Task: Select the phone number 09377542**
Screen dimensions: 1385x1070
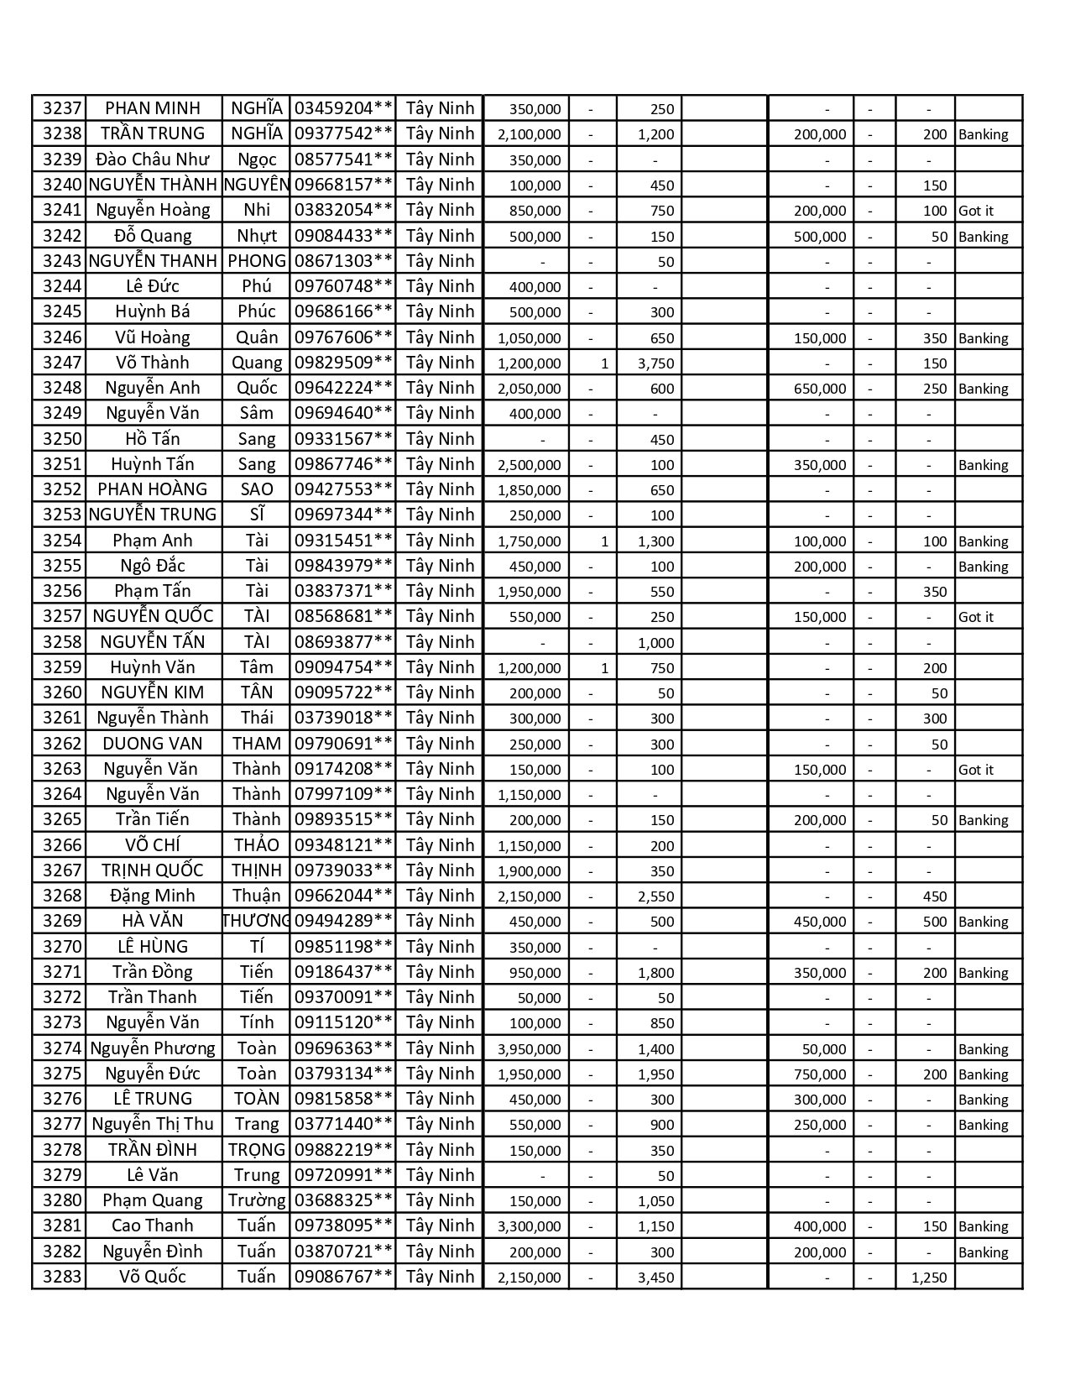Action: tap(342, 133)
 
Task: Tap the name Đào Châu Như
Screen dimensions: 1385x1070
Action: tap(153, 159)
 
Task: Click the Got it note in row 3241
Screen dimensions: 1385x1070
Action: tap(975, 211)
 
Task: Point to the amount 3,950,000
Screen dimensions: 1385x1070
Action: tap(529, 1049)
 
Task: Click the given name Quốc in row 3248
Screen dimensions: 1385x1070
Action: tap(256, 388)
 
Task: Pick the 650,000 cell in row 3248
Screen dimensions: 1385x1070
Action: tap(820, 389)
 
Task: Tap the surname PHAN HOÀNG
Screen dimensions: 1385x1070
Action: tap(153, 489)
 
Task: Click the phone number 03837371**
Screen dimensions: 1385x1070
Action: tap(342, 591)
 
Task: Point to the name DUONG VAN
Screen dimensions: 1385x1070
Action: tap(153, 744)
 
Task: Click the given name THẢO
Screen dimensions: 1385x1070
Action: tap(256, 845)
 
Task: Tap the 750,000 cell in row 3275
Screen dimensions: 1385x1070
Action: tap(820, 1074)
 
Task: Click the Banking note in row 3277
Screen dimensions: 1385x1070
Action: tap(983, 1125)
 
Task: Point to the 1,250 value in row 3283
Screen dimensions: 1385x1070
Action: tap(928, 1278)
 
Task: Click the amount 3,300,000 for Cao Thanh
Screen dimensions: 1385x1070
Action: tap(529, 1226)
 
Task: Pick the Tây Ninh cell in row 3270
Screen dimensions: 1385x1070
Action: tap(440, 947)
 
